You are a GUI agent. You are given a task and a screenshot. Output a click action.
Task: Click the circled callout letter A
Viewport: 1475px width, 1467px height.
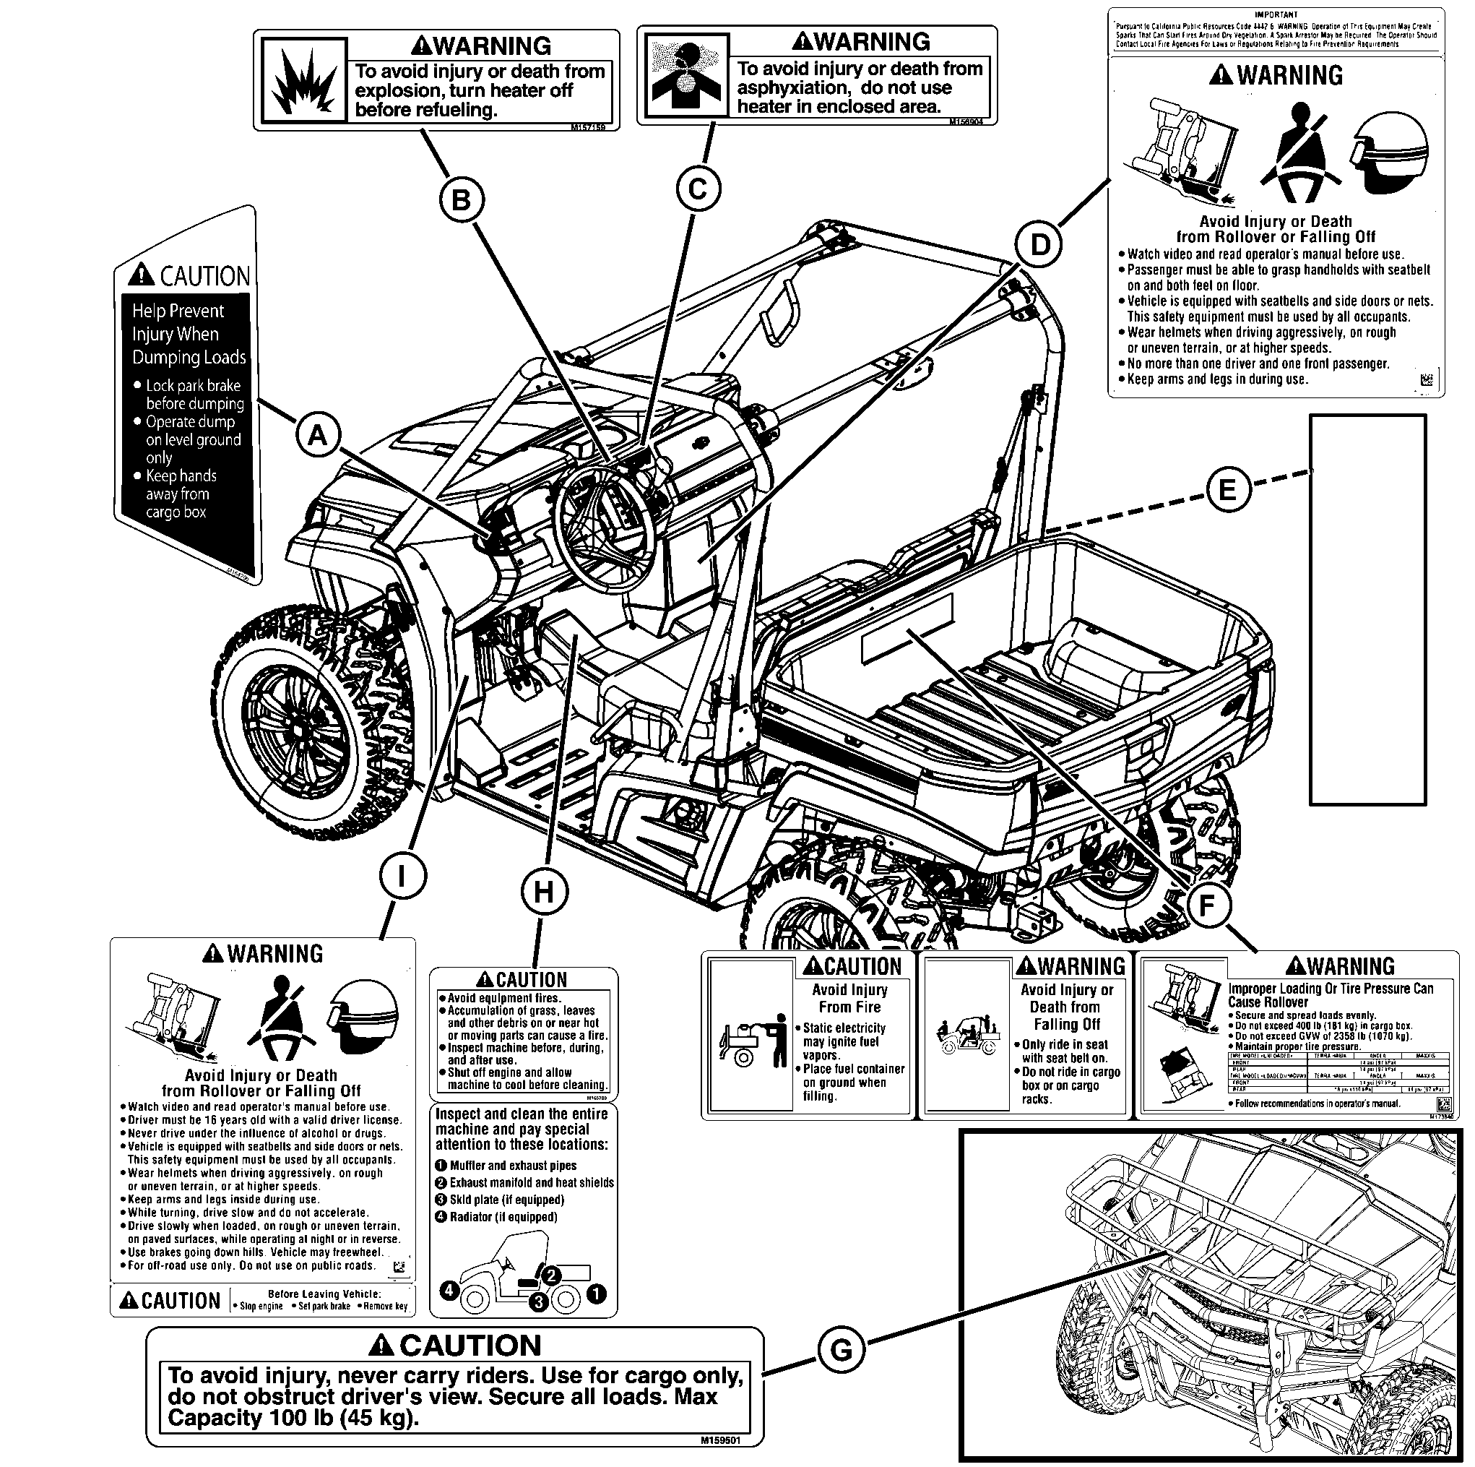tap(317, 435)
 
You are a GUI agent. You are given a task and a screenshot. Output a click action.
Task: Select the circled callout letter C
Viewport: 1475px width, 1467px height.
tap(698, 189)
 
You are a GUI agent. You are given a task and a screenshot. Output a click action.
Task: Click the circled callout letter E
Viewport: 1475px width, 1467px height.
tap(1228, 489)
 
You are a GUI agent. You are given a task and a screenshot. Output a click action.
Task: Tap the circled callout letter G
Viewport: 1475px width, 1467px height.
tap(841, 1350)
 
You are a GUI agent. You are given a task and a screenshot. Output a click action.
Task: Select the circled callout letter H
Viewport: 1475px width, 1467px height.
tap(544, 891)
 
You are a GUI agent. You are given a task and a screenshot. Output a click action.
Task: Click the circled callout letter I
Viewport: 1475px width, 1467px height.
tap(402, 877)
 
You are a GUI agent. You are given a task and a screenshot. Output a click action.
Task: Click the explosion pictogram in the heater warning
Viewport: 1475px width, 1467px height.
tap(304, 81)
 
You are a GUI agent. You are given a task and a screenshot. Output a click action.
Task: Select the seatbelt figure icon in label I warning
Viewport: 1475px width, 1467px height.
tap(280, 1019)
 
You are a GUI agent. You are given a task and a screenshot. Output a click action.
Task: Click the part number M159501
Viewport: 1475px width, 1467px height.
tap(720, 1440)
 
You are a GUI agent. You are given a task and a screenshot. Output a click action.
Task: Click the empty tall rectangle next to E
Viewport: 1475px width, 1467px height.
tap(1367, 609)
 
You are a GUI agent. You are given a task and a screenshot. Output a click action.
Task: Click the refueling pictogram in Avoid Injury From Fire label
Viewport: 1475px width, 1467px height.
tap(752, 1039)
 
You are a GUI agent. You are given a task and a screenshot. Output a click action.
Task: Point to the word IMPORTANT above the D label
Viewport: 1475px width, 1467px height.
tap(1276, 14)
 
